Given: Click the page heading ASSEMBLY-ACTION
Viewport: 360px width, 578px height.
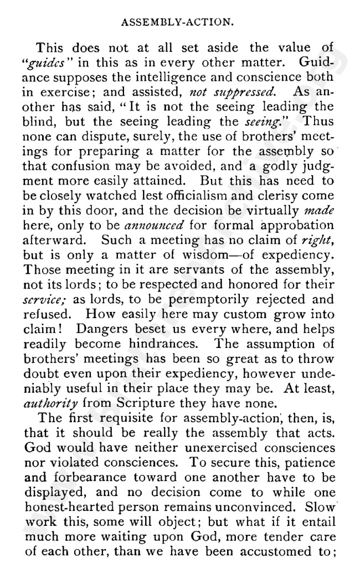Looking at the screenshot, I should coord(180,24).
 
